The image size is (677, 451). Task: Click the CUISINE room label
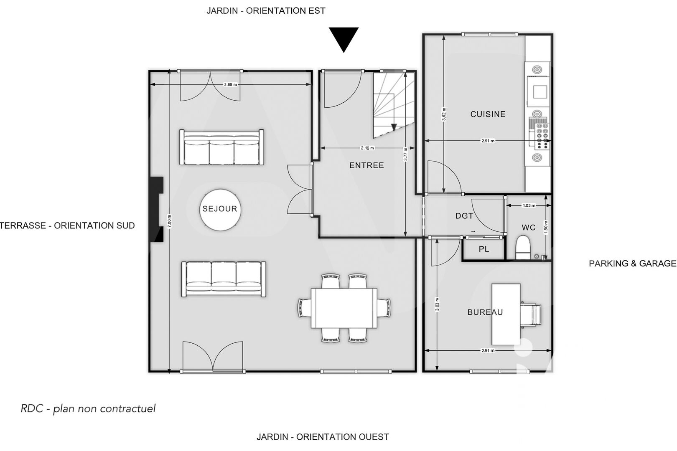(488, 114)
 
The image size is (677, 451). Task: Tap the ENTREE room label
(366, 165)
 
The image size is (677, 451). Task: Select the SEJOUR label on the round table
(220, 209)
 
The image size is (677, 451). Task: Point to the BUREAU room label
(485, 312)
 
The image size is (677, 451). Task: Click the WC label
(528, 228)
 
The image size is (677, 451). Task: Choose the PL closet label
(484, 249)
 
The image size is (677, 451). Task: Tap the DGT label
(464, 215)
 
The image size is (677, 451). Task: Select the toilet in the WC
(523, 247)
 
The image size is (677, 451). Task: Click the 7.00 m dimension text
(169, 221)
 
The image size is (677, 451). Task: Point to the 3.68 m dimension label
(231, 85)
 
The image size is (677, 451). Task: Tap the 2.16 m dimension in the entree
(367, 148)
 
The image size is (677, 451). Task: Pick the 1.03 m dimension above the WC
(529, 205)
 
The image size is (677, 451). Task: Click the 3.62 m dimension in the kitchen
(444, 114)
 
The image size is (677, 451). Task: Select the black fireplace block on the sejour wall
(156, 209)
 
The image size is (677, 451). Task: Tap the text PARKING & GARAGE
(633, 264)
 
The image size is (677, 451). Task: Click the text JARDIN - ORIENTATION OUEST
(323, 437)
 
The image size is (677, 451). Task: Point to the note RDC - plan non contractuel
(88, 409)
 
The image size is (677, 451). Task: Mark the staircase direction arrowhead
(394, 127)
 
